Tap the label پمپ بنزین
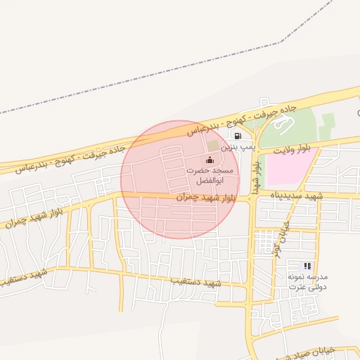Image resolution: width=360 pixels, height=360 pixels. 236,148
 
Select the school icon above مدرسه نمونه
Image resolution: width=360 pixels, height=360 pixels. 307,266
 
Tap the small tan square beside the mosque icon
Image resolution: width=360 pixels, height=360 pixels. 212,144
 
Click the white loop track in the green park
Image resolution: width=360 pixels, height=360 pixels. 283,127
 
